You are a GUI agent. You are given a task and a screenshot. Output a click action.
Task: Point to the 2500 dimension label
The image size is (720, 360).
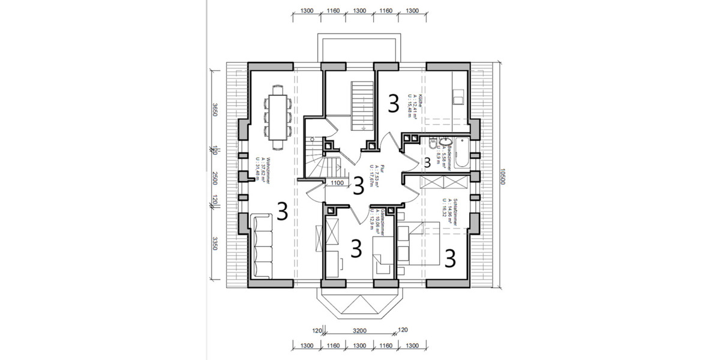215,177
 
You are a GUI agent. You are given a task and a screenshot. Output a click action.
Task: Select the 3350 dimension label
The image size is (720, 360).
215,245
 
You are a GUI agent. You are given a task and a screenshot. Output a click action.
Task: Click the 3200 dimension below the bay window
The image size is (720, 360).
359,331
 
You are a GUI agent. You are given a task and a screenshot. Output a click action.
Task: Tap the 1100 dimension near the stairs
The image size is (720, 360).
337,184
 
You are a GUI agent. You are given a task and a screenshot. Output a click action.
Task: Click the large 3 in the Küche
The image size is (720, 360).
393,103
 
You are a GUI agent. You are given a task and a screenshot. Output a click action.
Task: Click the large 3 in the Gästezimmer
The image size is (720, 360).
356,248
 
